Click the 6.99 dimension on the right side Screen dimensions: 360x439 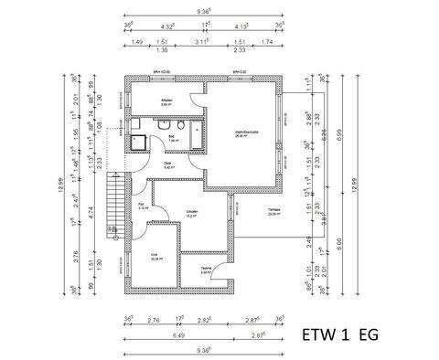[x=338, y=132]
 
